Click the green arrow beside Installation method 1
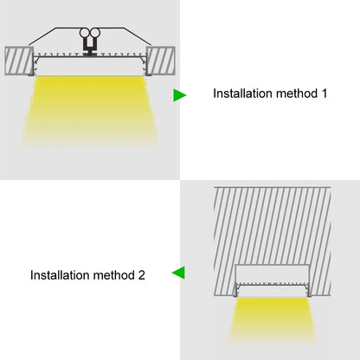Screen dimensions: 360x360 point(179,94)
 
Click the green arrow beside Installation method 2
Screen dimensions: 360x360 point(177,273)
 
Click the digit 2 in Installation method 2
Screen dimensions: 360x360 point(141,275)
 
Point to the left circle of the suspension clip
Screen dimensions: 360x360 point(85,36)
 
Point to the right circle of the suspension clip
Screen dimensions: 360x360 point(95,36)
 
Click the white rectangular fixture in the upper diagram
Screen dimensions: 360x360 point(90,66)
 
